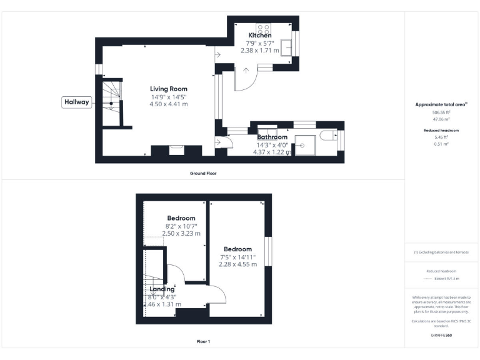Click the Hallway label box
pyautogui.click(x=77, y=102)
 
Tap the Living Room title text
pyautogui.click(x=168, y=89)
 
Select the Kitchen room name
pyautogui.click(x=260, y=36)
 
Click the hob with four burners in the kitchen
pyautogui.click(x=263, y=29)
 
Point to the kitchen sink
pyautogui.click(x=288, y=47)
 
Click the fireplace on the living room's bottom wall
pyautogui.click(x=177, y=150)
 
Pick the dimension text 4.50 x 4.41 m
pyautogui.click(x=168, y=104)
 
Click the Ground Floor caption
pyautogui.click(x=203, y=172)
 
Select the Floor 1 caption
pyautogui.click(x=203, y=342)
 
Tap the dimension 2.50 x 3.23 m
pyautogui.click(x=181, y=233)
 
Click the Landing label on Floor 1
pyautogui.click(x=162, y=289)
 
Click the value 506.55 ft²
pyautogui.click(x=442, y=112)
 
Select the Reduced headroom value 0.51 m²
pyautogui.click(x=442, y=143)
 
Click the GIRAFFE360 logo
pyautogui.click(x=442, y=336)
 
